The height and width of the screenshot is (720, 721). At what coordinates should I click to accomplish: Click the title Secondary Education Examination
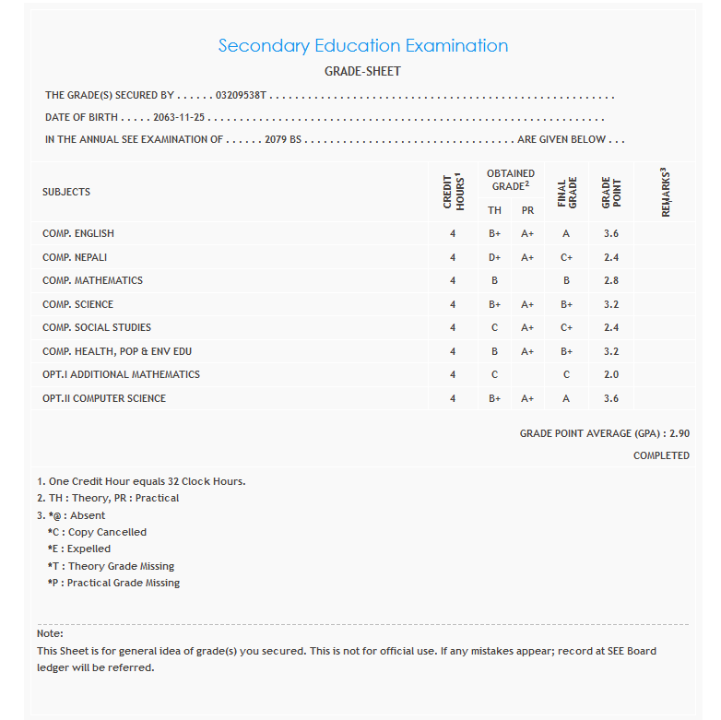362,45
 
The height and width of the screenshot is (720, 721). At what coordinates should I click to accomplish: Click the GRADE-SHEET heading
362,71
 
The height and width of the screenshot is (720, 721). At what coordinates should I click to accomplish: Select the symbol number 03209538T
241,95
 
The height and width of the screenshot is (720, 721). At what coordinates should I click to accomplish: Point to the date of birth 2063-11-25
179,117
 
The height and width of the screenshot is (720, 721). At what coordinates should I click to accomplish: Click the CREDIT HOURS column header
453,192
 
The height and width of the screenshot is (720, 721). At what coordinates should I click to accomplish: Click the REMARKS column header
665,192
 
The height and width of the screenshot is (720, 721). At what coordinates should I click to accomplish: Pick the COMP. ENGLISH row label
78,233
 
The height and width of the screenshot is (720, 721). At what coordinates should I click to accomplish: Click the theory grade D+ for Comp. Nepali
495,257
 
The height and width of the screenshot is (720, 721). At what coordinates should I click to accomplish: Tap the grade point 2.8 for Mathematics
610,280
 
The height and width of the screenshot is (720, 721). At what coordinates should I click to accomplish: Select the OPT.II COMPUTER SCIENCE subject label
104,398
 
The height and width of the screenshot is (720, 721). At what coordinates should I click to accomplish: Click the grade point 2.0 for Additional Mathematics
610,374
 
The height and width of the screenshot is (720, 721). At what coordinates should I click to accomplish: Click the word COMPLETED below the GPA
661,455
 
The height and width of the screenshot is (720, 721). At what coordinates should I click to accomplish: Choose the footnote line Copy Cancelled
97,532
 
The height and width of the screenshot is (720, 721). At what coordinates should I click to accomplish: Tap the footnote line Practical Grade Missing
113,583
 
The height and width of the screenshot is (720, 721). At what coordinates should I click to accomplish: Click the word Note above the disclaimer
50,633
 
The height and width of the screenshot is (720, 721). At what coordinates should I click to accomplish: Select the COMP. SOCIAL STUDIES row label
97,327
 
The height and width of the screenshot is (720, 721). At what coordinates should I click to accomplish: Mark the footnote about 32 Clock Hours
141,481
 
